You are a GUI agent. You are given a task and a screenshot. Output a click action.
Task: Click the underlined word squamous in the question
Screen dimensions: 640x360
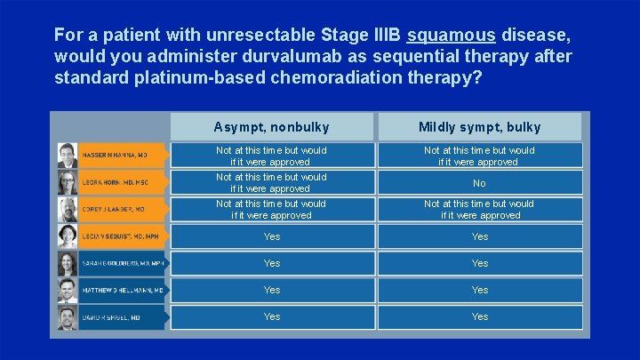coord(451,36)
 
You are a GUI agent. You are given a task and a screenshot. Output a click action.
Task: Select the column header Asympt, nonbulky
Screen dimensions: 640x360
coord(272,127)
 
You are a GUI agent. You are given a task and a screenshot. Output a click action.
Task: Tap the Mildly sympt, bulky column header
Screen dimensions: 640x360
coord(480,127)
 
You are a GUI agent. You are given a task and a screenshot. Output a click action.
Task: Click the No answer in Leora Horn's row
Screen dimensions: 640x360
coord(480,183)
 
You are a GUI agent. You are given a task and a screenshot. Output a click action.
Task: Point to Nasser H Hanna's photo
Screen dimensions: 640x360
coord(68,156)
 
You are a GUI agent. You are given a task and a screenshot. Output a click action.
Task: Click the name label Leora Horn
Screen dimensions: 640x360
coord(114,183)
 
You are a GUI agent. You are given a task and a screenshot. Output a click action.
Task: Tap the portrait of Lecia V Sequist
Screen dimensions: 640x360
coord(68,236)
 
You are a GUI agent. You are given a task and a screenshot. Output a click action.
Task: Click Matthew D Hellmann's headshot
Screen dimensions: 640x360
coord(68,291)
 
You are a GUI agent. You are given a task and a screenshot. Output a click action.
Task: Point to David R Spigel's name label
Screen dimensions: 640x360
coord(113,317)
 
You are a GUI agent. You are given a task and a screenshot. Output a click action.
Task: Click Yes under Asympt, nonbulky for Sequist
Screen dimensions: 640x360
coord(272,237)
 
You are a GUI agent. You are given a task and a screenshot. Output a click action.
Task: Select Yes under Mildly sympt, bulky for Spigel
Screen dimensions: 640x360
coord(480,317)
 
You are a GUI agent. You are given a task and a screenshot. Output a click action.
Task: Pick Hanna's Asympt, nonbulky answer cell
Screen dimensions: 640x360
coord(272,156)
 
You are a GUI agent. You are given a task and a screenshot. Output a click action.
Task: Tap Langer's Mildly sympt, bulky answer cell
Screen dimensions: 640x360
coord(480,210)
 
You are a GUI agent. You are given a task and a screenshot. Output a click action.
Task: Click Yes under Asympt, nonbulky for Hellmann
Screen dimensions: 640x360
coord(272,291)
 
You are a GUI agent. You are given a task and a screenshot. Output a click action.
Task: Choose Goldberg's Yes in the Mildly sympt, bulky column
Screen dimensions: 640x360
coord(480,264)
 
